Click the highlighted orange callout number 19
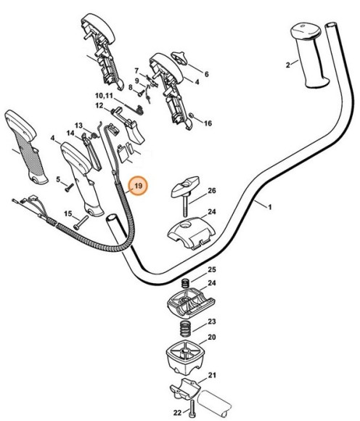(x=136, y=188)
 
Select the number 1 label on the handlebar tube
(x=269, y=208)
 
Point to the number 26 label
(x=212, y=191)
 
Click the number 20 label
(x=212, y=338)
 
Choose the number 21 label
(x=212, y=375)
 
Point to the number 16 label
(x=208, y=123)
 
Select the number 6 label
(x=206, y=74)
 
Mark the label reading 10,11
(x=105, y=96)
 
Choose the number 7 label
(x=136, y=70)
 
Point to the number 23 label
(x=212, y=321)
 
